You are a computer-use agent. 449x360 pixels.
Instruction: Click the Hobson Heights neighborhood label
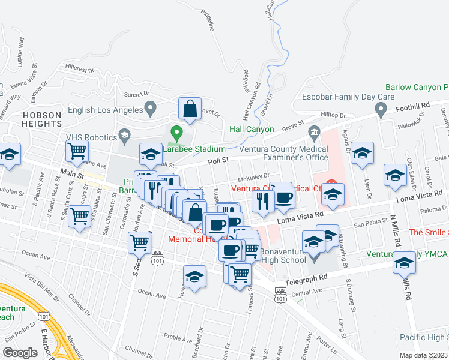pos(42,119)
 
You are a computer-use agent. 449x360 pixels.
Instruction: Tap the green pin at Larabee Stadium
pos(176,133)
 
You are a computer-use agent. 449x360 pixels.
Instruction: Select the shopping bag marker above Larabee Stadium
pos(190,110)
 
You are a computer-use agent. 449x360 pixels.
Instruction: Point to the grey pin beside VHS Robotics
pos(125,135)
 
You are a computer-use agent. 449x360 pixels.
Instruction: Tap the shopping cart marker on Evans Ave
pos(77,152)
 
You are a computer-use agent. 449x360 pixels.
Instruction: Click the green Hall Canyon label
pos(252,129)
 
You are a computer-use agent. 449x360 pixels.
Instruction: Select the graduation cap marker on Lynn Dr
pos(363,154)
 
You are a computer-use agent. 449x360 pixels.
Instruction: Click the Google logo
pos(20,353)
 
